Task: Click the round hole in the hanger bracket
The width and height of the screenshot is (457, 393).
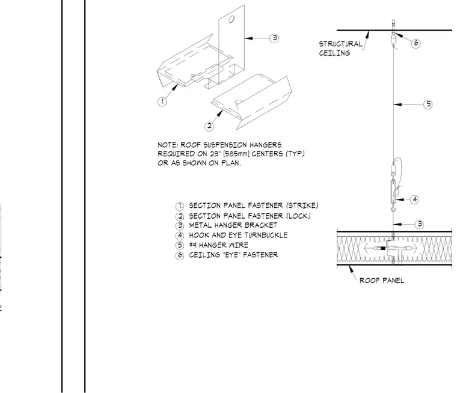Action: tap(232, 19)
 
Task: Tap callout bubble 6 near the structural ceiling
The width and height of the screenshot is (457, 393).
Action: tap(416, 43)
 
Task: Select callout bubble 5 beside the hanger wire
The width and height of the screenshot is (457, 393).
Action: tap(428, 105)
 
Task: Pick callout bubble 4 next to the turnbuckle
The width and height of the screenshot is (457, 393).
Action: tap(415, 200)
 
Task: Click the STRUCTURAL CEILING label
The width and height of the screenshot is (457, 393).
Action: tap(341, 48)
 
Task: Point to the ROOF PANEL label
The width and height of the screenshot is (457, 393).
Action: tap(382, 281)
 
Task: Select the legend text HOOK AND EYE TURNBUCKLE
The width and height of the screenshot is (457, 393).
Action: tap(238, 235)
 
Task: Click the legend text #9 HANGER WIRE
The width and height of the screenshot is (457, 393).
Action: tap(219, 245)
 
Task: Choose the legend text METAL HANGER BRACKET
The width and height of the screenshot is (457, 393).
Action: tap(233, 225)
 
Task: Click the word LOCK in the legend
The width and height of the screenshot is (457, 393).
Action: tap(298, 216)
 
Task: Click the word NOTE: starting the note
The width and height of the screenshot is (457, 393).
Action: tap(168, 145)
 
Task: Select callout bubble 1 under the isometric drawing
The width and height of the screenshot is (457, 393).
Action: tap(162, 102)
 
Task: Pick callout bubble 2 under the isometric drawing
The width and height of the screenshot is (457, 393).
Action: tap(209, 126)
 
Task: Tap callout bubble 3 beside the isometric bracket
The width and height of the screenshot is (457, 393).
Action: tap(274, 38)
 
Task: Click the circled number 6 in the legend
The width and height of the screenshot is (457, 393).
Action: tap(180, 255)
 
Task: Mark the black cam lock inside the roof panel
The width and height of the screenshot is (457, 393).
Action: tap(382, 248)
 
